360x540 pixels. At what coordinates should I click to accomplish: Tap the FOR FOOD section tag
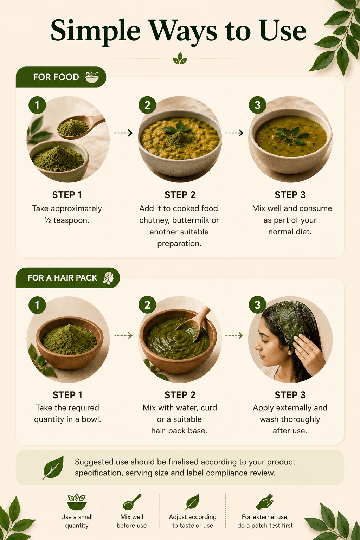pos(61,77)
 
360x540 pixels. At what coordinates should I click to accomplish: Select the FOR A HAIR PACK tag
pos(68,278)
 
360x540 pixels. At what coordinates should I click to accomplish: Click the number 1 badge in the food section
pos(37,105)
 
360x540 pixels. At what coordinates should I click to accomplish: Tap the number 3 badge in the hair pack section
pos(258,305)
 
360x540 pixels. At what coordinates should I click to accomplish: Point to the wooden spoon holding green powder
pos(79,126)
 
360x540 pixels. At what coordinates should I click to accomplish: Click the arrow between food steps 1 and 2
pos(123,133)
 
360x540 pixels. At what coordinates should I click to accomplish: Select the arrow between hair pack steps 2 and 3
pos(234,335)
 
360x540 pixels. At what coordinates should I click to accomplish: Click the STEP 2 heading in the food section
pos(180,195)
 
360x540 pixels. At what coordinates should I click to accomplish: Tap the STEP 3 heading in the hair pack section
pos(290,395)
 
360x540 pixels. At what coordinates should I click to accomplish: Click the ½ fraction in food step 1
pos(47,220)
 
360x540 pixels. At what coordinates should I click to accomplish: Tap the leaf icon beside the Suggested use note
pos(53,468)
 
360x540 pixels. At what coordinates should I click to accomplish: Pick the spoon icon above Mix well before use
pos(131,502)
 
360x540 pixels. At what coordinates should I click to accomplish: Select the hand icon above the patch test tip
pos(264,502)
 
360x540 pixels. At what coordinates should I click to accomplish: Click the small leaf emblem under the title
pos(180,58)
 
